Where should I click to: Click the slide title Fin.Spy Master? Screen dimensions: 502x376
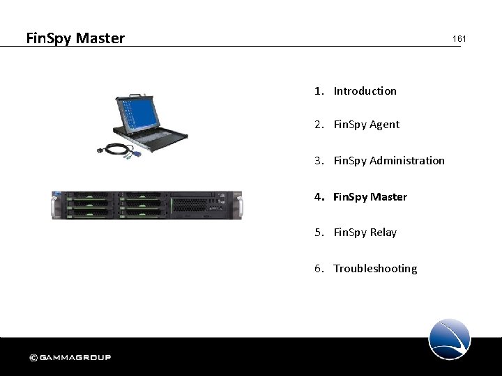pos(75,38)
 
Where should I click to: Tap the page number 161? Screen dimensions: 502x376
pos(459,39)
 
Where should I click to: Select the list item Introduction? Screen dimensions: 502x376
pos(365,91)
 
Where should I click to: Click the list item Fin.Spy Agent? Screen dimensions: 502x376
pos(366,125)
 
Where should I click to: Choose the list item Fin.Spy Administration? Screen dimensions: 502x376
pos(388,161)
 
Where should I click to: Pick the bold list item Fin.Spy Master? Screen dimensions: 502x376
pos(370,197)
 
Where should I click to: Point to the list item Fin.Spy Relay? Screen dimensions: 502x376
pos(365,233)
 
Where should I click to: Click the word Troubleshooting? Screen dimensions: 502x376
pos(375,269)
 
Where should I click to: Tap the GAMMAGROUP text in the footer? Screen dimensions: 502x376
pos(75,358)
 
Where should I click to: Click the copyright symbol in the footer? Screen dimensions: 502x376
pos(33,358)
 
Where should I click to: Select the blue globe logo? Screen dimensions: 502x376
pos(450,339)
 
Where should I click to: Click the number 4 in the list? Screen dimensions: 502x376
pos(318,197)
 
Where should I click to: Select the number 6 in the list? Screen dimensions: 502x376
pos(318,269)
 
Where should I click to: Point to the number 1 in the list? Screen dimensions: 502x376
pos(318,91)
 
